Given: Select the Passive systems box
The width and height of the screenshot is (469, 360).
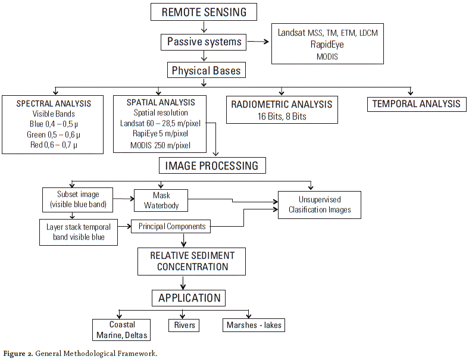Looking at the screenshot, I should point(204,42).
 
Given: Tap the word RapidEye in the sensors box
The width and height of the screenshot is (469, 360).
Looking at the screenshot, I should point(327,44).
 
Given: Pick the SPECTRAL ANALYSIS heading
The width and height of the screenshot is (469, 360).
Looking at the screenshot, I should point(54,104).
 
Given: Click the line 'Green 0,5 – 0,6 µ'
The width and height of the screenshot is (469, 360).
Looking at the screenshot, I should point(54,134).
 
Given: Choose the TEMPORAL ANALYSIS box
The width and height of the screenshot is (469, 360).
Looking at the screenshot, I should point(416,104).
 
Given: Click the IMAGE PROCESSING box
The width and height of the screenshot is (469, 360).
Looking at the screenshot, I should point(212,165).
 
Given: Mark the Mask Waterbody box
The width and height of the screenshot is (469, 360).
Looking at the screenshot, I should point(161,200).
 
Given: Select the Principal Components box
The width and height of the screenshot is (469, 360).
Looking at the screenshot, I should point(172,226).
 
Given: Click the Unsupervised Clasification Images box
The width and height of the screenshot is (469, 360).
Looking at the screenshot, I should point(320,204).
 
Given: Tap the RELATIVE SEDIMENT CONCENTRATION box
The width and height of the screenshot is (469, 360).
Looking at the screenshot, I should point(192,261).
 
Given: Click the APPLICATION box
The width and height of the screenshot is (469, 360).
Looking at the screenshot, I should point(189,298).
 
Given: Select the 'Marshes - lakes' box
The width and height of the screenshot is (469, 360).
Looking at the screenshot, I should point(254,325).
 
